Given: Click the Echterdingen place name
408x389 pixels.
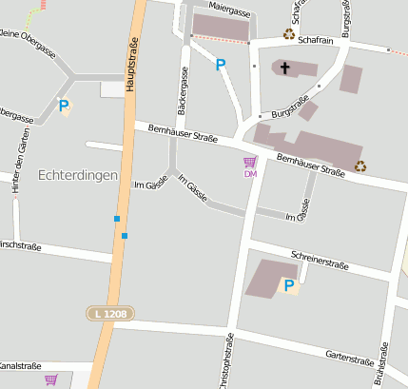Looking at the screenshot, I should pyautogui.click(x=78, y=176).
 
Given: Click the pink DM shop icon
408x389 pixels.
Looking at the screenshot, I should pyautogui.click(x=250, y=164).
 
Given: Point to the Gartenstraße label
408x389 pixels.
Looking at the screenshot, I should pyautogui.click(x=349, y=360).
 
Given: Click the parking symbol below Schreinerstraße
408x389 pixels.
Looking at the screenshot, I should pyautogui.click(x=288, y=284).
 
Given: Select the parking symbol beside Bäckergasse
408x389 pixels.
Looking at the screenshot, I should pyautogui.click(x=221, y=65).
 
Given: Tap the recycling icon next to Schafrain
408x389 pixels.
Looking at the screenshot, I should pyautogui.click(x=289, y=34).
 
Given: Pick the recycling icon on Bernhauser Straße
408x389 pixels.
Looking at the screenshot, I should pyautogui.click(x=361, y=165).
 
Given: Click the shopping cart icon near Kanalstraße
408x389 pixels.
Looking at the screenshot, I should pyautogui.click(x=50, y=379).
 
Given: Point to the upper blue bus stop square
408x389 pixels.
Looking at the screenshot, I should pyautogui.click(x=117, y=219).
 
